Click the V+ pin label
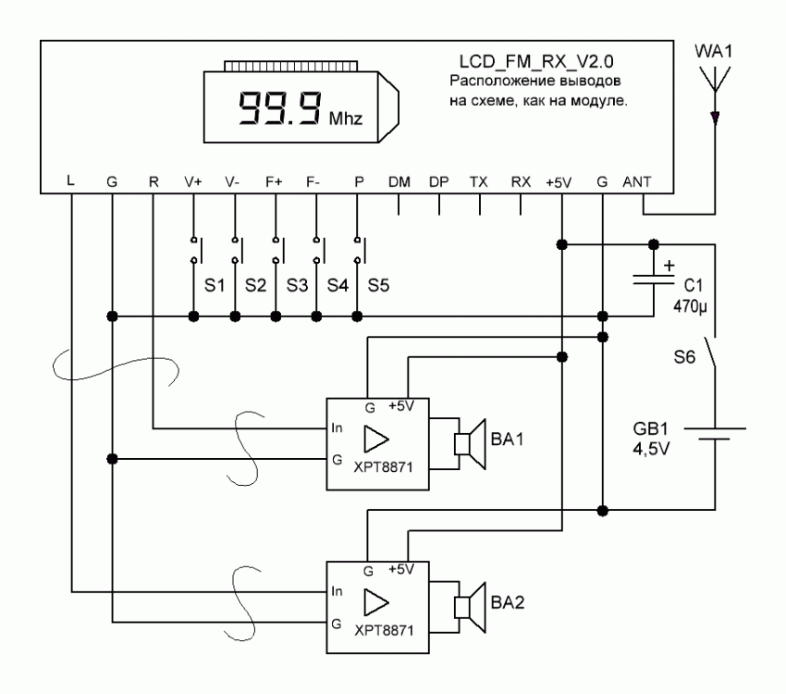point(193,183)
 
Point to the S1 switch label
point(215,284)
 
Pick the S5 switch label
point(378,284)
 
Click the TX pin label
point(480,183)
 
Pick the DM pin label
point(399,183)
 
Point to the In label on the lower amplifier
point(338,589)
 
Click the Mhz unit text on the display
point(346,120)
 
